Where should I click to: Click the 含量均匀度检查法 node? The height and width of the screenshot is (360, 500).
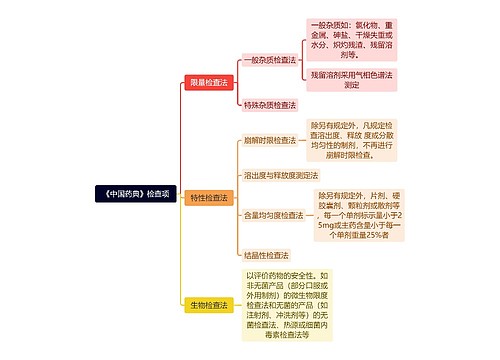coord(273,215)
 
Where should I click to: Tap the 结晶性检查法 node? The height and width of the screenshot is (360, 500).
coord(266,255)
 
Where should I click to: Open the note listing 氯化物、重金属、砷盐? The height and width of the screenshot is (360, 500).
coord(351,39)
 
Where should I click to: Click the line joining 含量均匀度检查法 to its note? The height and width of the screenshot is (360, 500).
coord(311,215)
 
